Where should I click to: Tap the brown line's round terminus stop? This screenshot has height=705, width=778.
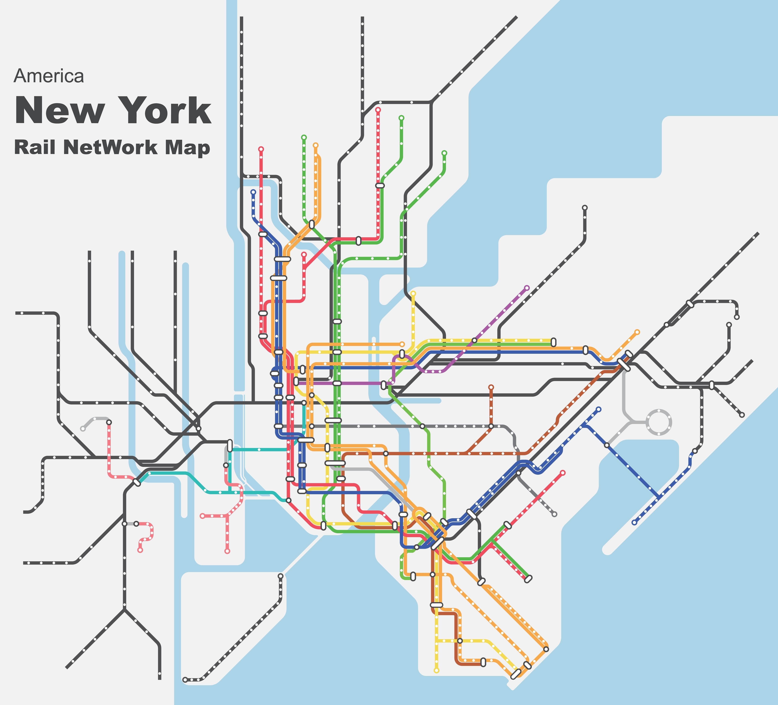(x=491, y=387)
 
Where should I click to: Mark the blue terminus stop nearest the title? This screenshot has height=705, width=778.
(x=253, y=192)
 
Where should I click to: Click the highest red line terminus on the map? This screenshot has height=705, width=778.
(x=378, y=110)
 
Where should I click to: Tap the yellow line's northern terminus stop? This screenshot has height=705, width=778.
(x=413, y=293)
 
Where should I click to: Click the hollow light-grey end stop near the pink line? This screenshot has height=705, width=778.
(x=83, y=428)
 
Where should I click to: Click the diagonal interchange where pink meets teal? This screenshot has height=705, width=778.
(x=137, y=482)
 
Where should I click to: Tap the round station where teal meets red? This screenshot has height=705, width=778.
(x=288, y=500)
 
